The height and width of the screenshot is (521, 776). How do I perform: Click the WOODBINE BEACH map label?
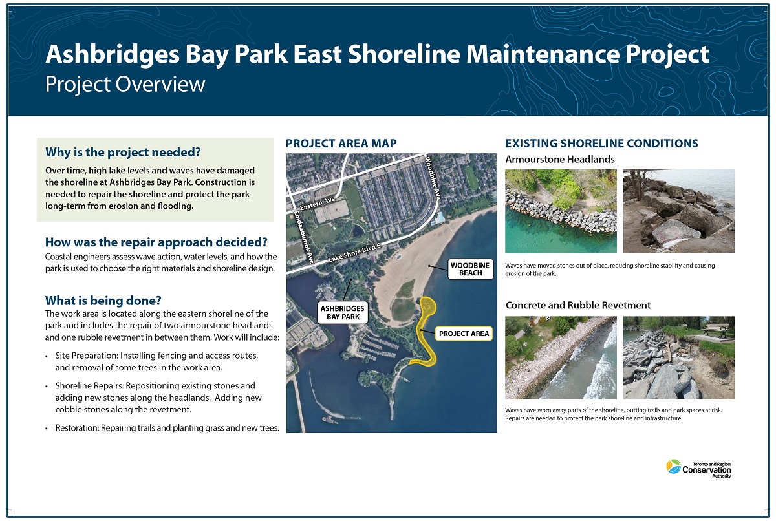[x=470, y=268]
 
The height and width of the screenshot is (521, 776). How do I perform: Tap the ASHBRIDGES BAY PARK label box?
[x=343, y=313]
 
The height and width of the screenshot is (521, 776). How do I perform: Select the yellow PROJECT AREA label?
[x=463, y=334]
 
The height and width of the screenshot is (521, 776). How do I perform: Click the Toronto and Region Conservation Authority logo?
[x=698, y=468]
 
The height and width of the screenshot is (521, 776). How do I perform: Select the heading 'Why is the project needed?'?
[x=122, y=153]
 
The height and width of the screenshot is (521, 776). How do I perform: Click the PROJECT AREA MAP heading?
[x=341, y=144]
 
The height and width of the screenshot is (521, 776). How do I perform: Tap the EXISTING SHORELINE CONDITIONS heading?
[x=601, y=144]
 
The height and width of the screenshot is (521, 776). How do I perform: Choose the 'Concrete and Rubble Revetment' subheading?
[x=577, y=305]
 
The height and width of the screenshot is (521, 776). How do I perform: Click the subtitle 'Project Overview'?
[x=125, y=85]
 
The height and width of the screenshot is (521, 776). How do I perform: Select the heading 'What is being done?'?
[x=103, y=301]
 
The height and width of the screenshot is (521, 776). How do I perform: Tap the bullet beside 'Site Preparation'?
[x=47, y=356]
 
